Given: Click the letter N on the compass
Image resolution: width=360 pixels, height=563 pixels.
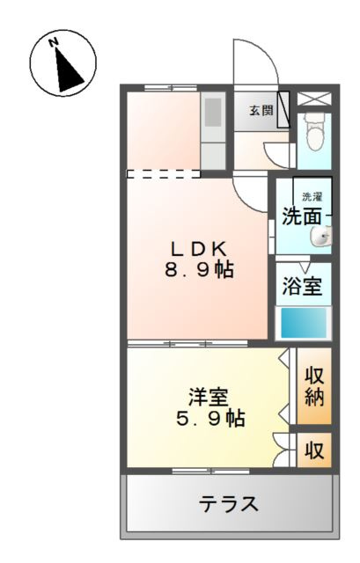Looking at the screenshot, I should (54, 41).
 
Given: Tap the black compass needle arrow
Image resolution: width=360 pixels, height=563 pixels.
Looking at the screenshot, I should (67, 69).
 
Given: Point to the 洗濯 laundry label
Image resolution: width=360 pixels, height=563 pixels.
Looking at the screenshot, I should (312, 195).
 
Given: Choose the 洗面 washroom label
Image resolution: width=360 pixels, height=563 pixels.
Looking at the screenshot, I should (301, 216).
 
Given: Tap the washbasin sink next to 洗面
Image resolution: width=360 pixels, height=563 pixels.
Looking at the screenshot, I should (325, 234).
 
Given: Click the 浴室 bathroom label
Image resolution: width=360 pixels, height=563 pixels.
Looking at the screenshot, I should (302, 287).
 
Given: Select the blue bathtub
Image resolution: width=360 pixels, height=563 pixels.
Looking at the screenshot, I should (303, 323).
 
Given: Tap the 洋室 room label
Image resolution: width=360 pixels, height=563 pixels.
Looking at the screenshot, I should (208, 395).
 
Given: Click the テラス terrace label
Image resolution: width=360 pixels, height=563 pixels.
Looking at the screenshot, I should (228, 504).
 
